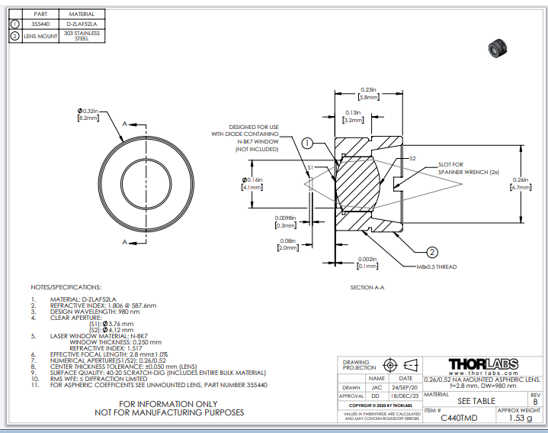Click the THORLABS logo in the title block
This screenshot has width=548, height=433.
point(483,364)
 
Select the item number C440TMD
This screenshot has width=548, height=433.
point(449,418)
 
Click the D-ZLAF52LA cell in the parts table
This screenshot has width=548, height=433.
point(82,24)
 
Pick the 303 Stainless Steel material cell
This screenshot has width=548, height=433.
point(82,36)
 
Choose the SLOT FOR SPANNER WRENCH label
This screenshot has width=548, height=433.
point(468,168)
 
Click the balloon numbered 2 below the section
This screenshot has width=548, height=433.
point(431,252)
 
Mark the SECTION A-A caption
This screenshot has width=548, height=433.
point(367,287)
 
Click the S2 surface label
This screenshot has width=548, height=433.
point(412,158)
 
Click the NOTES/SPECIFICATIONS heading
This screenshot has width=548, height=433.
point(66,287)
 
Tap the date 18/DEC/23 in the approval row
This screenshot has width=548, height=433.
point(405,396)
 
